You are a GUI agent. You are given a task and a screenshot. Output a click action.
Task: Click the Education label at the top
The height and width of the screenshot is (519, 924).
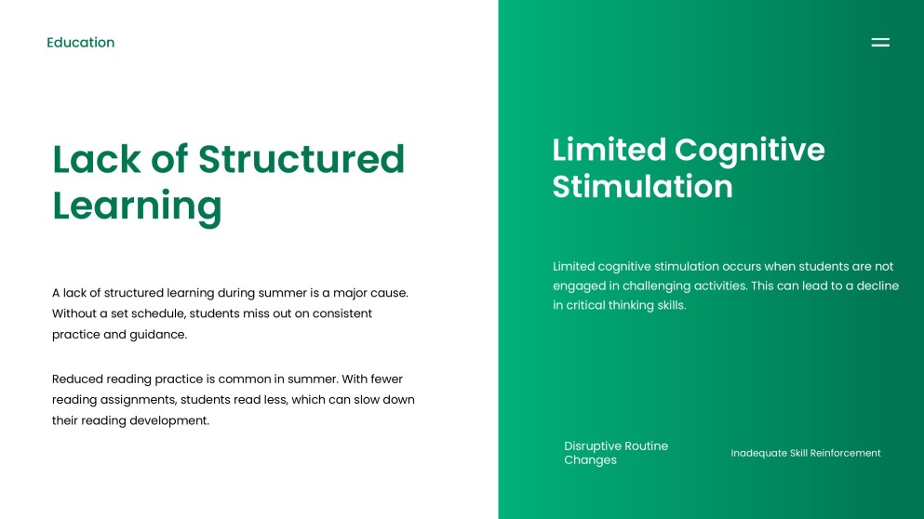pos(81,43)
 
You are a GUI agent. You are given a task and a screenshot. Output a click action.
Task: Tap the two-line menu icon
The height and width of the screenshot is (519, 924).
pos(880,42)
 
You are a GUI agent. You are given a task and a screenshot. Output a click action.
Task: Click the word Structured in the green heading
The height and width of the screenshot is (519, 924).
pos(301,159)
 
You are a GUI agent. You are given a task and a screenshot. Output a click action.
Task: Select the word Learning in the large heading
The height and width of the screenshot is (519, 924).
pos(137,206)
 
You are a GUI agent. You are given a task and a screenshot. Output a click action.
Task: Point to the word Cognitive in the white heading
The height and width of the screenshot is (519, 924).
pos(750,150)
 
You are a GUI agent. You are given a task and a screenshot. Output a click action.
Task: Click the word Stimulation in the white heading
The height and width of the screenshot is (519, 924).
pos(642,186)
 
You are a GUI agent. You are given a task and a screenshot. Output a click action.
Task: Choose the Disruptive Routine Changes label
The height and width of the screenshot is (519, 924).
pos(616,453)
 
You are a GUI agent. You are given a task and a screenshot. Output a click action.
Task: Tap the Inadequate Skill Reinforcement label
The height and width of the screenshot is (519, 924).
pos(805,453)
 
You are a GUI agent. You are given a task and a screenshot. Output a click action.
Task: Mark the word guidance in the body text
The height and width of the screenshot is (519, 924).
pos(158,334)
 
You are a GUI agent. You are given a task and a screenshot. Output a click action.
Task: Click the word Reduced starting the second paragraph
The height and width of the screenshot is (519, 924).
pos(77,379)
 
